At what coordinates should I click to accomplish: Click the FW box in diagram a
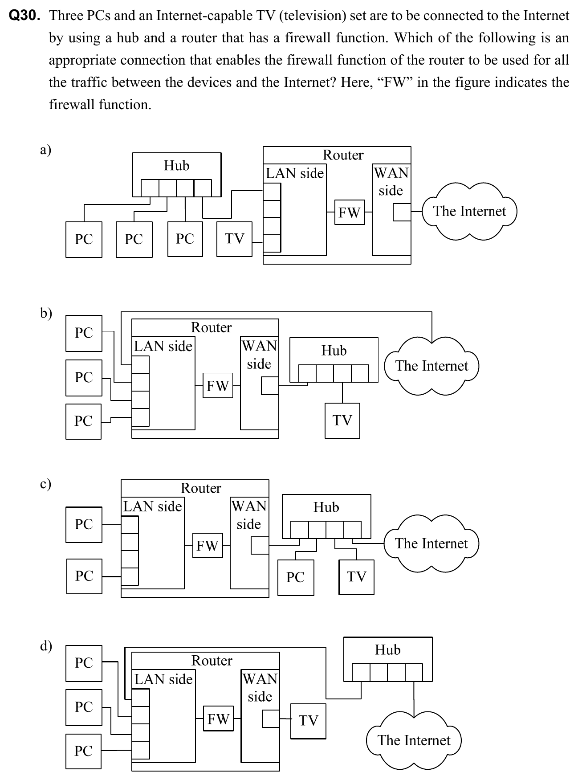tap(350, 212)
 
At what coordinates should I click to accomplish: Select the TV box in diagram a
tap(234, 239)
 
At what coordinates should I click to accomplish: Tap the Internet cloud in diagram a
tap(469, 211)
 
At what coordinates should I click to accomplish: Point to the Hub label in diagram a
tap(177, 166)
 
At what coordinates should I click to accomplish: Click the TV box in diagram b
tap(342, 420)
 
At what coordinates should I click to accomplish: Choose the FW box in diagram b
tap(218, 386)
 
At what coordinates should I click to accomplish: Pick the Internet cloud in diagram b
tap(431, 366)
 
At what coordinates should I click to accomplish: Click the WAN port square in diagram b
tap(270, 386)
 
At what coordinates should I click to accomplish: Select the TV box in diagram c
tap(356, 577)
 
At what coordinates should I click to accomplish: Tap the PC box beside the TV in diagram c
tap(296, 577)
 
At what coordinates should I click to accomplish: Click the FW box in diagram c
tap(207, 545)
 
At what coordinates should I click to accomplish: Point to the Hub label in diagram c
tap(326, 507)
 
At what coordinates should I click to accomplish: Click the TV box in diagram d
tap(308, 721)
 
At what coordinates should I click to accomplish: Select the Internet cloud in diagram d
tap(414, 740)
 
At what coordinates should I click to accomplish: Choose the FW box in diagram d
tap(218, 719)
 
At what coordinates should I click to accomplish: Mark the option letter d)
tap(46, 645)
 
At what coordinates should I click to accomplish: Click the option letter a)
tap(45, 150)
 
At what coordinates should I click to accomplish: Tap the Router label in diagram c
tap(201, 488)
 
